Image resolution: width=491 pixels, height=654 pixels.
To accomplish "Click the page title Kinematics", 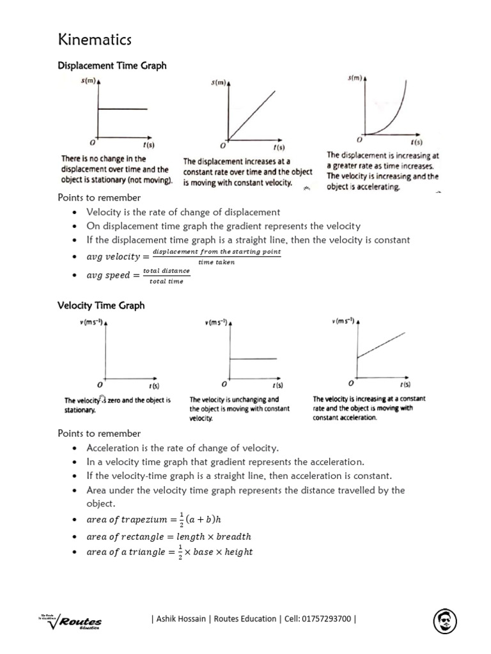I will (x=95, y=40).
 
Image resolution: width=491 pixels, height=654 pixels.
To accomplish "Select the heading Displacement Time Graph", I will (x=112, y=65).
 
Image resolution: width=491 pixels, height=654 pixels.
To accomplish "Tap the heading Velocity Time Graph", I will (x=101, y=305).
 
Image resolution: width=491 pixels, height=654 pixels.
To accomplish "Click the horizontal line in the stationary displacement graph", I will (x=123, y=109).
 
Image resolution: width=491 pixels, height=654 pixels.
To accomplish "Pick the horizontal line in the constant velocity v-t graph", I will (x=253, y=359).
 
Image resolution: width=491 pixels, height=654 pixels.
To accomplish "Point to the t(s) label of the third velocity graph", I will (x=405, y=384).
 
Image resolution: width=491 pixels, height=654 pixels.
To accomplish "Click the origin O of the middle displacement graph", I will (x=223, y=145).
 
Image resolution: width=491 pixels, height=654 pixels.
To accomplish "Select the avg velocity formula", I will (x=183, y=257).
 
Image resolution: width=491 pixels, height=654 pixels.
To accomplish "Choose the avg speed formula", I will (x=138, y=275).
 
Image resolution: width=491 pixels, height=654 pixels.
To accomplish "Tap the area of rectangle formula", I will (x=169, y=536).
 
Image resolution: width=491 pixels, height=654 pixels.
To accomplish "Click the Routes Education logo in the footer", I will (x=70, y=620).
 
